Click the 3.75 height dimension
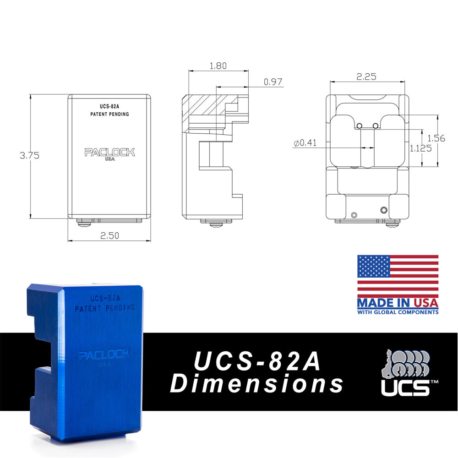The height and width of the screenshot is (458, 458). (x=29, y=155)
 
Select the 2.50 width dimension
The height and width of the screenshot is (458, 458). (x=109, y=235)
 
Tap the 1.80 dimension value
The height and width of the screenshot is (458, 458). (x=218, y=66)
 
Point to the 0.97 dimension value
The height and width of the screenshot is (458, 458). (x=273, y=82)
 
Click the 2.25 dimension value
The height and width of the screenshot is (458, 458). (x=366, y=77)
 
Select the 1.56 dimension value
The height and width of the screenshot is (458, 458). (x=436, y=138)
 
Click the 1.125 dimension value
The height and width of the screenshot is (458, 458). (x=420, y=148)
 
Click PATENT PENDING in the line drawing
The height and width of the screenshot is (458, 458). (x=109, y=114)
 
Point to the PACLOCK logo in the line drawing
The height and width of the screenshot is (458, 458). (x=109, y=152)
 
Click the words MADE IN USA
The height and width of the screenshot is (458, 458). (x=398, y=303)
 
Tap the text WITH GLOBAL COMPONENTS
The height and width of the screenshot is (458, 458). (x=398, y=312)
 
